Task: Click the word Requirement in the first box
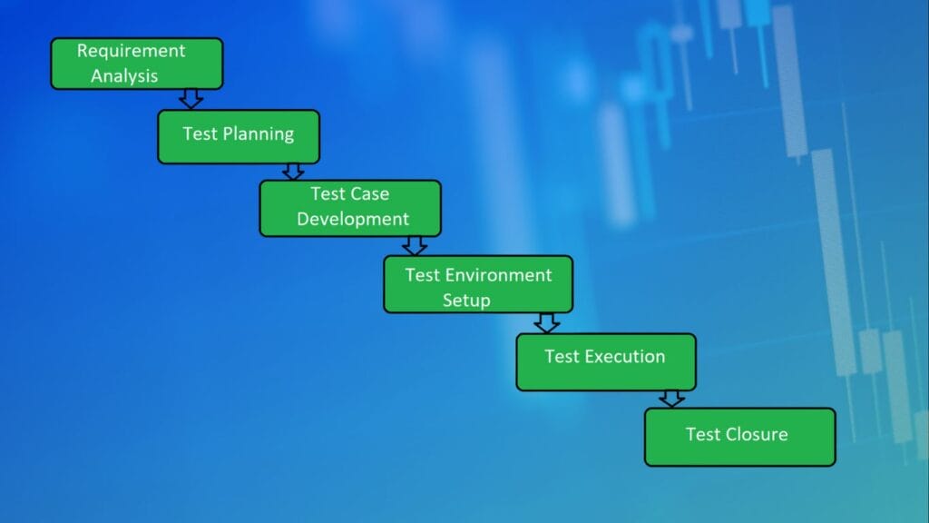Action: pos(131,52)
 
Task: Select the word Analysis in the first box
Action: pos(124,76)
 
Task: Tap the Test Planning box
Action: pos(239,136)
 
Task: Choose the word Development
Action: pos(353,220)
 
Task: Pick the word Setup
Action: pos(466,301)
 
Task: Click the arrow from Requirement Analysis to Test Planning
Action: pos(191,99)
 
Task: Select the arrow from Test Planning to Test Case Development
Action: pos(293,172)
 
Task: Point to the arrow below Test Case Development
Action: pos(414,245)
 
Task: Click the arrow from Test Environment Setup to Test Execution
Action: pos(546,323)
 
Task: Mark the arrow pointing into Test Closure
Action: pos(671,399)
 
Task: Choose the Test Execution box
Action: pos(606,362)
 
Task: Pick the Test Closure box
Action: pos(740,437)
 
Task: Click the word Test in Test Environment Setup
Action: pos(423,275)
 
